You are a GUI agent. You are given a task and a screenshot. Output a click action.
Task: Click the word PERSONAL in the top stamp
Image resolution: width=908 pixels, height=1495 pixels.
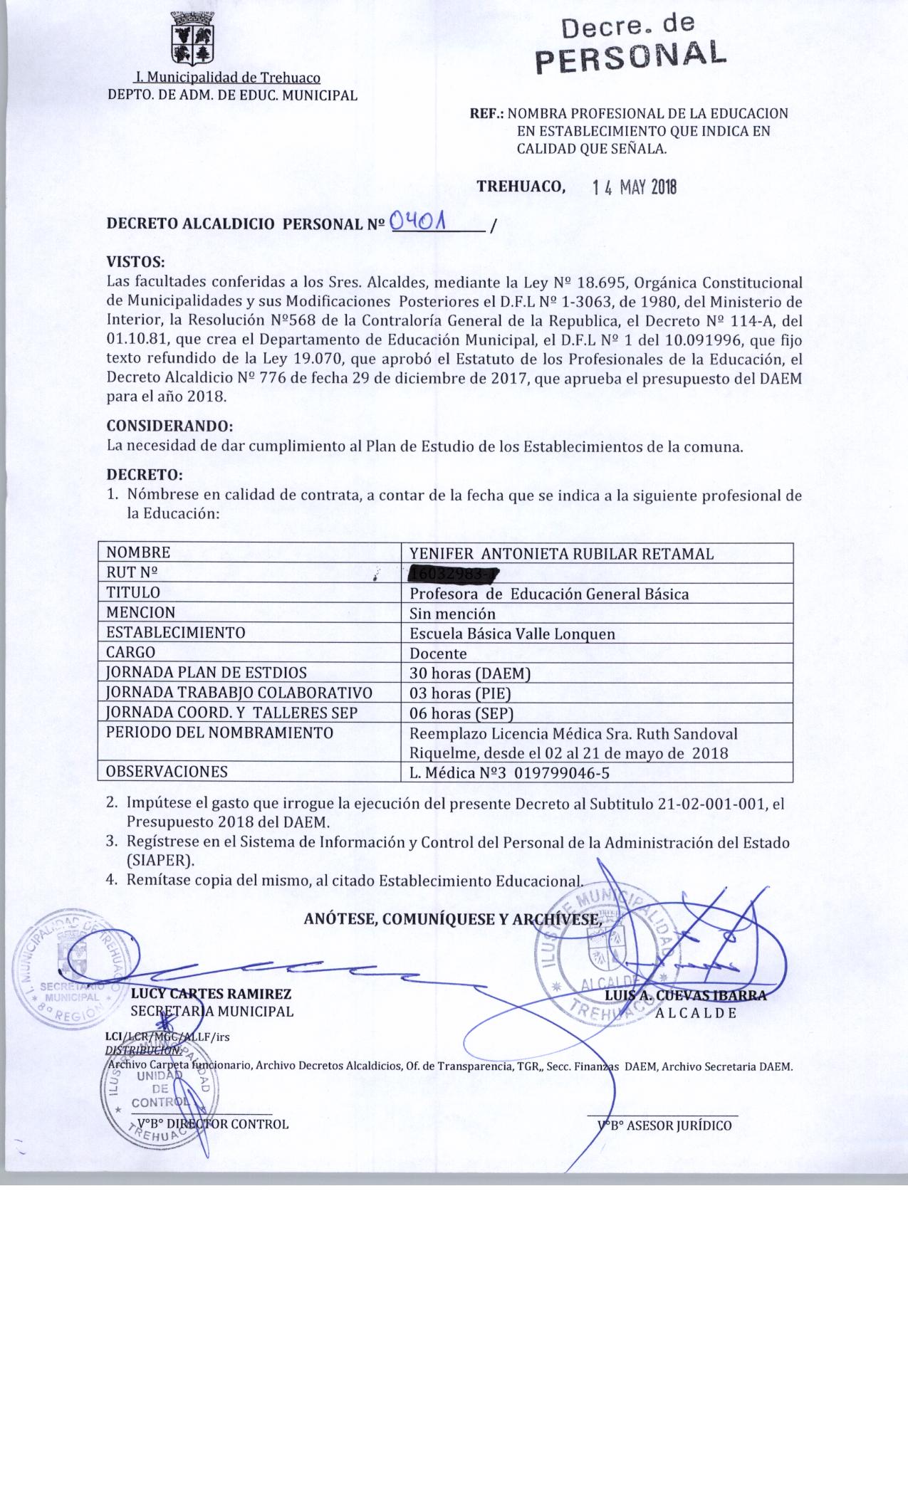click(x=630, y=55)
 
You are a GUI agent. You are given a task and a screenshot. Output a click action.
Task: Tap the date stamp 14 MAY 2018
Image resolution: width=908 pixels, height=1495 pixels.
click(x=635, y=187)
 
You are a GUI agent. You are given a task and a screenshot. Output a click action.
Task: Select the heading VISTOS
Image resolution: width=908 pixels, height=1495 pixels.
click(x=135, y=261)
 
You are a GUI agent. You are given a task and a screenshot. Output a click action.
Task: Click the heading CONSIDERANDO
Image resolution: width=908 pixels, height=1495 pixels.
click(x=169, y=426)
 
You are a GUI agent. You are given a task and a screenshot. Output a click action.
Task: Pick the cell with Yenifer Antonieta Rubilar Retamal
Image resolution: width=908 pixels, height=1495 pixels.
click(x=561, y=554)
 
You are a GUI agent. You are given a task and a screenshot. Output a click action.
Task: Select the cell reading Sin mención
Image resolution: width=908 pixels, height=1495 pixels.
click(x=452, y=613)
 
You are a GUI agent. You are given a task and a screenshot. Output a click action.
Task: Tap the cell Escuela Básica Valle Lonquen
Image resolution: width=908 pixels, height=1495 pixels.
click(x=512, y=634)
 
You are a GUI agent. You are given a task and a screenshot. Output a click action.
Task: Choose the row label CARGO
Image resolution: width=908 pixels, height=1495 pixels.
click(x=131, y=653)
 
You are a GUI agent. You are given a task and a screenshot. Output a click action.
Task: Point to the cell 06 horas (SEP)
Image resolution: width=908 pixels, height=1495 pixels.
click(x=461, y=713)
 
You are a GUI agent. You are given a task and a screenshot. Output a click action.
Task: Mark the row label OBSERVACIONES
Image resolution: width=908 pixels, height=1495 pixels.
click(x=167, y=772)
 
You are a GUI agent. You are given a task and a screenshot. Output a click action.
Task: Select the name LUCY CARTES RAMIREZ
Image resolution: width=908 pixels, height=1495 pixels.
click(x=211, y=994)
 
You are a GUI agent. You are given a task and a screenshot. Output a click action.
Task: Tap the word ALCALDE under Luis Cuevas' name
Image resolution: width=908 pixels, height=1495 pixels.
click(x=696, y=1013)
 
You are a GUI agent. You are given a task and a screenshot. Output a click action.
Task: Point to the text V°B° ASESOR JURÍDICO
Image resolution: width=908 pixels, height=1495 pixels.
click(x=664, y=1126)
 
